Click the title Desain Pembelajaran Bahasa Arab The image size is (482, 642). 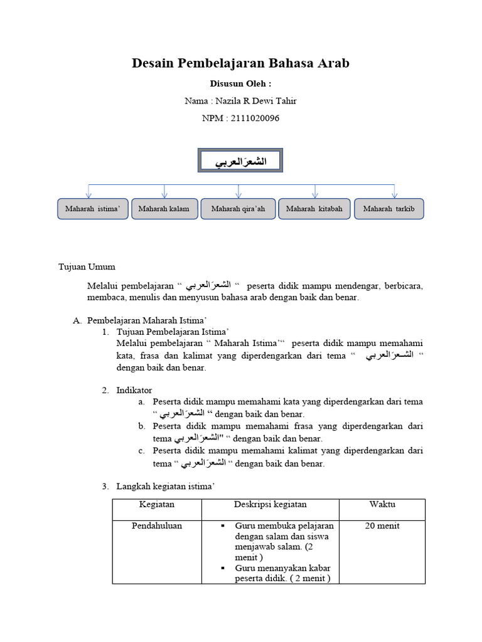click(x=240, y=63)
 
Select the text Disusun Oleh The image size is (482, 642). click(x=240, y=83)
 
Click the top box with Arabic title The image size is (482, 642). click(x=241, y=162)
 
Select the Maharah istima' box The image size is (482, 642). click(x=93, y=209)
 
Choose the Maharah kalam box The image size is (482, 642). click(x=164, y=209)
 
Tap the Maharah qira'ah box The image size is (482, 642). click(x=238, y=209)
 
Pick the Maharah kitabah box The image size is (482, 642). click(x=314, y=209)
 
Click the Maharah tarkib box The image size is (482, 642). click(x=389, y=209)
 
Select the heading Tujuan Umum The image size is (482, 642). click(x=87, y=267)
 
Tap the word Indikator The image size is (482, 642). click(x=134, y=390)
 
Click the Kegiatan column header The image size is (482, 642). click(x=157, y=505)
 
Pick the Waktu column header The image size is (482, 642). click(x=382, y=505)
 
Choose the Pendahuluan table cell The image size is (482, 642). click(x=157, y=526)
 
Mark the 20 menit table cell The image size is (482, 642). click(x=382, y=526)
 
